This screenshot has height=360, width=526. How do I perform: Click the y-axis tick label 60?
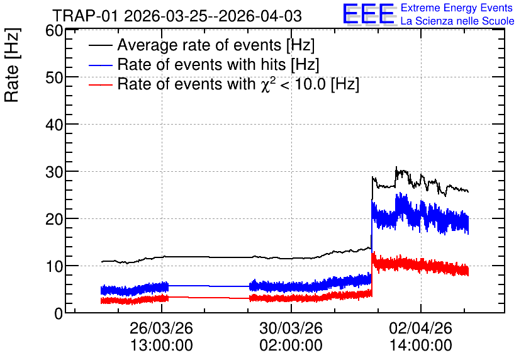click(x=54, y=31)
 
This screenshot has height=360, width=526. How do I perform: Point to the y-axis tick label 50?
click(x=54, y=78)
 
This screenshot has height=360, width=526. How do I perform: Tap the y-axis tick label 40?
click(x=54, y=125)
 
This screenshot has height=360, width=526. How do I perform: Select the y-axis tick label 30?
click(x=54, y=172)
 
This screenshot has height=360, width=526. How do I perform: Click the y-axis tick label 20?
click(x=54, y=220)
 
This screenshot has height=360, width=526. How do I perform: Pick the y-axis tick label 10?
click(x=54, y=267)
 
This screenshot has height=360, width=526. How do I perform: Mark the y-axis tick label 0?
click(x=59, y=314)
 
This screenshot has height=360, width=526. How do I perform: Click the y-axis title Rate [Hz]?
click(x=12, y=65)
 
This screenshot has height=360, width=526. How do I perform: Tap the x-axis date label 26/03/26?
click(x=161, y=328)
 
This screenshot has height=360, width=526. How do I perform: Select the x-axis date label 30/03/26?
click(x=291, y=328)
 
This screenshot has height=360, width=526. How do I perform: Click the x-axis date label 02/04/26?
click(x=421, y=328)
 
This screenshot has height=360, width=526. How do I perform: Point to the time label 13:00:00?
click(x=161, y=346)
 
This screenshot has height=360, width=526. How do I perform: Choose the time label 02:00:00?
click(x=291, y=346)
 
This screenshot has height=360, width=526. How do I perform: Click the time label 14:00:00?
click(x=421, y=346)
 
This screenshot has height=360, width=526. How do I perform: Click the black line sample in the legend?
click(x=100, y=45)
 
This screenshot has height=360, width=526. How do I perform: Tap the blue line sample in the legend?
click(x=100, y=65)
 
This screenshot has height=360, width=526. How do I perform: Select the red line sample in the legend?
click(x=100, y=84)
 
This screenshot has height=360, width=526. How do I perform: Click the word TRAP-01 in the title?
click(x=86, y=16)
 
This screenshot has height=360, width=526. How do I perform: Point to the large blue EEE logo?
click(x=369, y=14)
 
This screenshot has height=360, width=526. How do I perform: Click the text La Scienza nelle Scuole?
click(x=457, y=21)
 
